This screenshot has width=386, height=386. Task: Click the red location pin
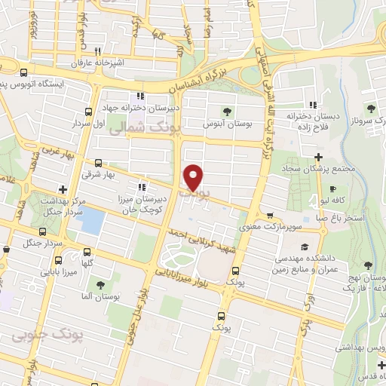pyautogui.click(x=194, y=178)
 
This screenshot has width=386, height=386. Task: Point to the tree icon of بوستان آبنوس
pyautogui.click(x=225, y=111)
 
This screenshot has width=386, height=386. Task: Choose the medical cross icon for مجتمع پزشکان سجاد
pyautogui.click(x=320, y=157)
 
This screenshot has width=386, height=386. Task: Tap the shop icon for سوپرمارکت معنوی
pyautogui.click(x=270, y=216)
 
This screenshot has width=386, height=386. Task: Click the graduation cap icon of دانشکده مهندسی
pyautogui.click(x=302, y=247)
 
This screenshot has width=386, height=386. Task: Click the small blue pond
pyautogui.click(x=92, y=219)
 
